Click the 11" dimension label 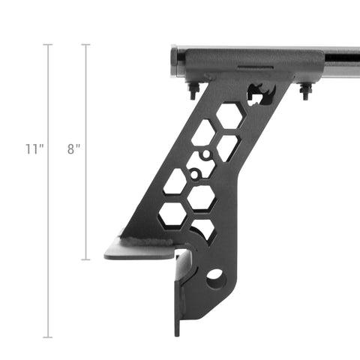pos(34,149)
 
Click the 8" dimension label pos(73,149)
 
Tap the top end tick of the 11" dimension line pos(49,45)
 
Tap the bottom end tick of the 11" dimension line pos(49,337)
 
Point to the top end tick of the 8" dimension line pos(85,45)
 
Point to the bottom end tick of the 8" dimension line pos(85,259)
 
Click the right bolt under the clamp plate pos(305,91)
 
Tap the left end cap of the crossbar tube pos(175,63)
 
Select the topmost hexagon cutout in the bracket pos(229,115)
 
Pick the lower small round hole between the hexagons pos(195,175)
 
